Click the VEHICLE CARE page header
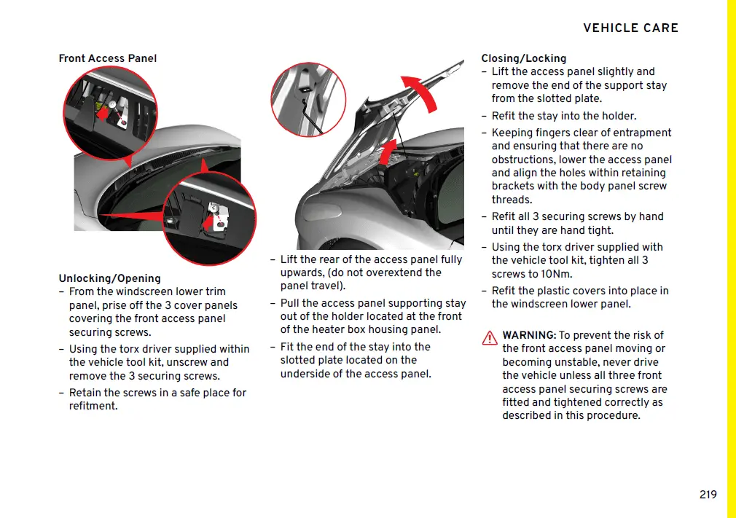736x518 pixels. pos(630,28)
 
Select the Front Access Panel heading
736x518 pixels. pos(108,58)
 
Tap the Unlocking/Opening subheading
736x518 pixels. pos(109,278)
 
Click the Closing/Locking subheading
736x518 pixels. pos(523,58)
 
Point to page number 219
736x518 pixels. pos(708,495)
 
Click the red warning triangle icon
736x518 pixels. pos(490,338)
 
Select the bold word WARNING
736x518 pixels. pos(529,335)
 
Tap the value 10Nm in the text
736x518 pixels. pos(557,274)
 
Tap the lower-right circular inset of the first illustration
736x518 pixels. pos(210,217)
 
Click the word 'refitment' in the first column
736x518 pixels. pos(93,406)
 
